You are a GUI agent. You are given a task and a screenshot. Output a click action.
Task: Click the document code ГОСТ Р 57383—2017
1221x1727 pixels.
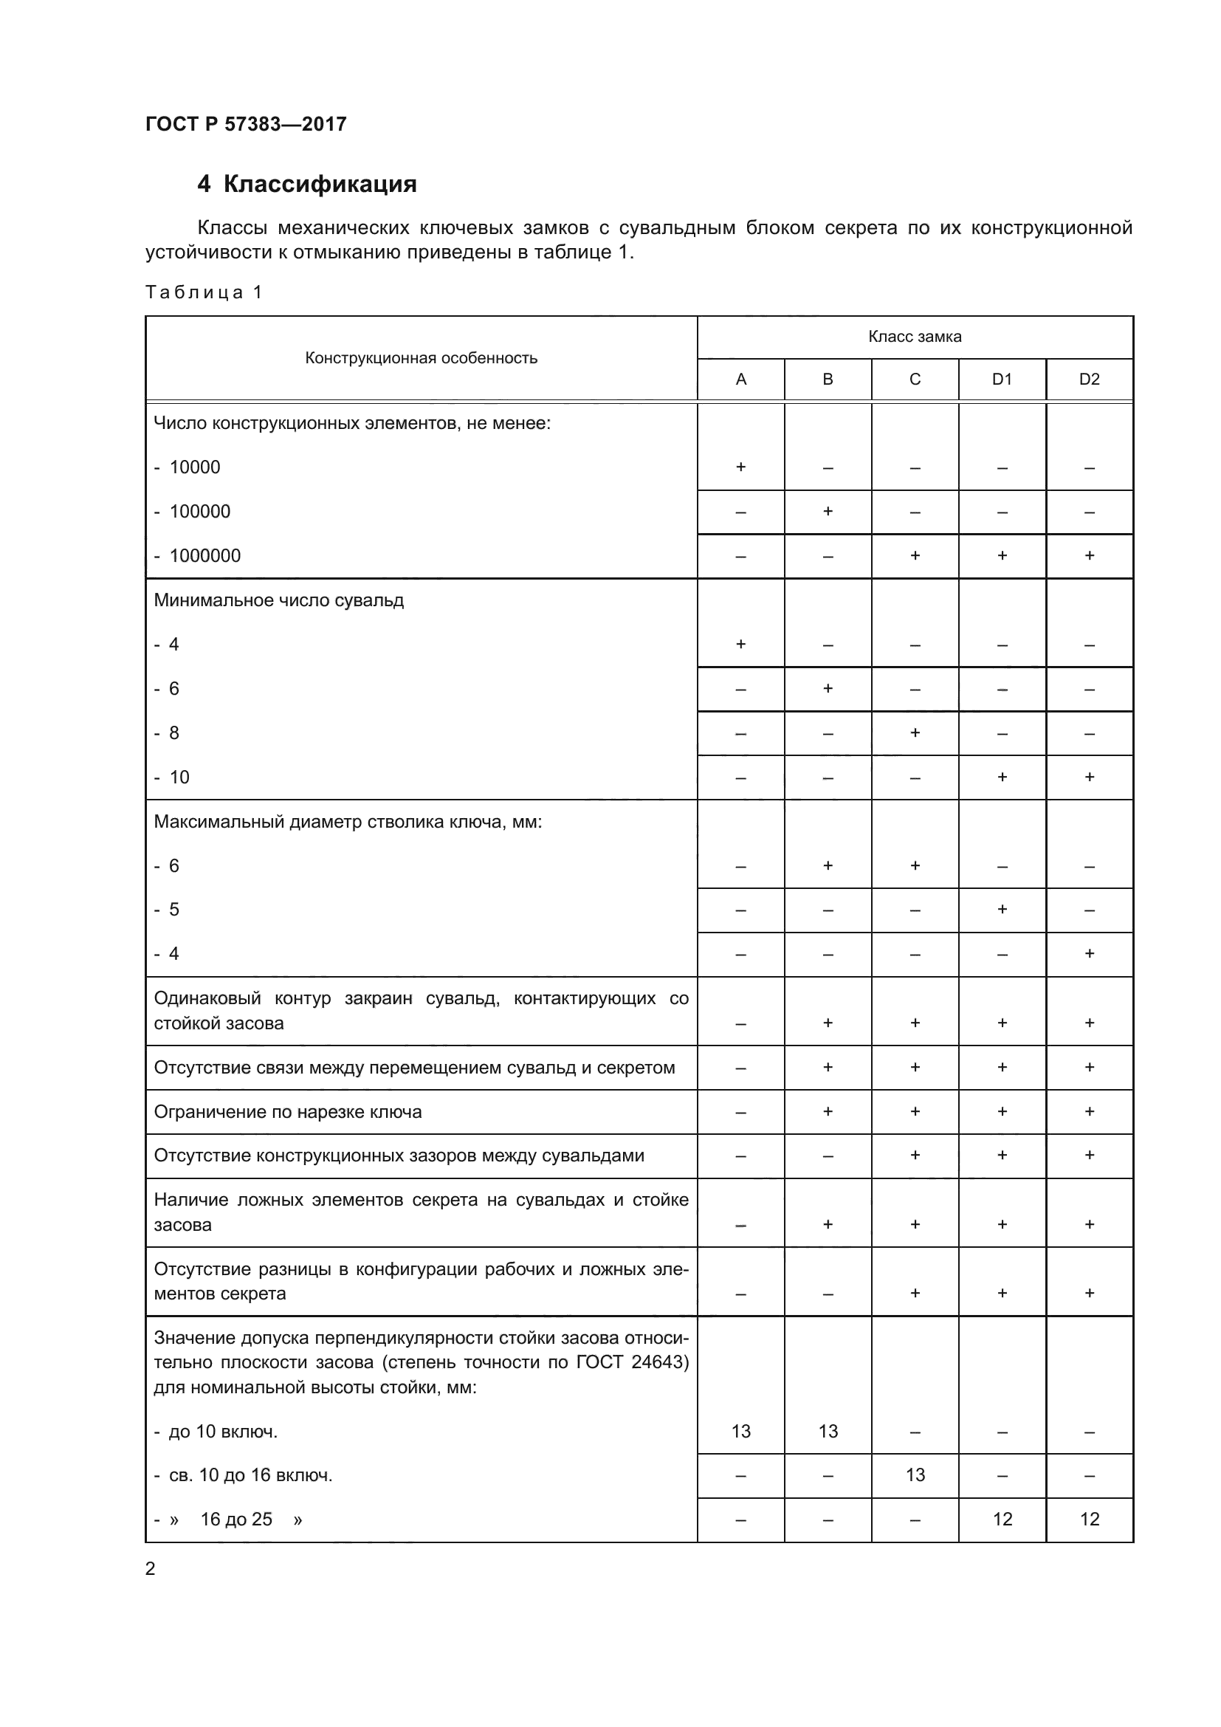point(246,124)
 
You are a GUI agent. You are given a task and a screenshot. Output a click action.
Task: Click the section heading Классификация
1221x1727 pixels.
point(320,185)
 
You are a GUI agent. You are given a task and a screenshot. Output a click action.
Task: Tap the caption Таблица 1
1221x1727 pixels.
point(204,292)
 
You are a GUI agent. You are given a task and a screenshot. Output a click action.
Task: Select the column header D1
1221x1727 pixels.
point(1002,379)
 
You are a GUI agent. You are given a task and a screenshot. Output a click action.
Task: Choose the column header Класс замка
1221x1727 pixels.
point(914,337)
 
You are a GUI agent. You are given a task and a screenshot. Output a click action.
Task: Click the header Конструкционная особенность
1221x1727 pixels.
point(421,358)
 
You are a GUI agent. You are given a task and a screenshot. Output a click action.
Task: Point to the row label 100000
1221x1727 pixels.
point(199,512)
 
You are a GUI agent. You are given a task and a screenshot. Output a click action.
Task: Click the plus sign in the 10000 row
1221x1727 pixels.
point(740,467)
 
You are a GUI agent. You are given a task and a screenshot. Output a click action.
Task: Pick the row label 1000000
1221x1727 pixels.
point(204,556)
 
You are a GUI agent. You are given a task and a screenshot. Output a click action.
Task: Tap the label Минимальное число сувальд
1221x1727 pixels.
point(279,600)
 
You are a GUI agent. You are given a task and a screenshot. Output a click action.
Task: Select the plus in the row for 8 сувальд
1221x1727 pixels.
point(914,732)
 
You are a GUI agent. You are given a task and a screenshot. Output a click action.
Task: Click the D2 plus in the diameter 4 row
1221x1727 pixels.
point(1089,954)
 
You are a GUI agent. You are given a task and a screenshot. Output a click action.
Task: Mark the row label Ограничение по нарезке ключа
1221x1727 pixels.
point(288,1112)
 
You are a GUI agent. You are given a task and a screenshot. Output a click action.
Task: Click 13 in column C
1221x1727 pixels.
point(915,1475)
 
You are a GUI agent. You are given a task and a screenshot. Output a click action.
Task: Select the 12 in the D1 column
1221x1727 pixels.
point(1002,1520)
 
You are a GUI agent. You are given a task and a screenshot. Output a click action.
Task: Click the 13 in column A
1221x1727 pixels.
point(740,1432)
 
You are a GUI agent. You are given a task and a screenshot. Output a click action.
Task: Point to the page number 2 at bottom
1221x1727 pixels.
point(151,1569)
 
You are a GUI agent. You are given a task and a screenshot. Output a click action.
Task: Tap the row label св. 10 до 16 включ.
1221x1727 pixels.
point(250,1475)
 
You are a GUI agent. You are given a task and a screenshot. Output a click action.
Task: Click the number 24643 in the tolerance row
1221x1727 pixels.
point(657,1362)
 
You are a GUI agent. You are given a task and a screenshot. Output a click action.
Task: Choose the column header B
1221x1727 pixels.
point(827,379)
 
